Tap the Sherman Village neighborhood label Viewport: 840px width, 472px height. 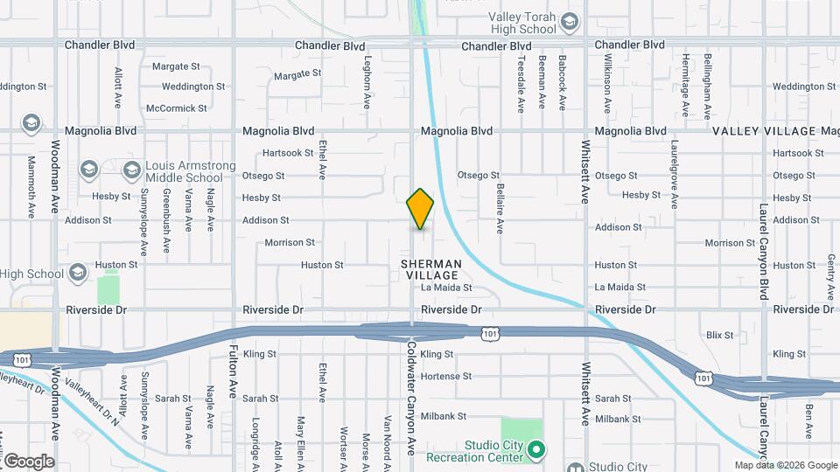tap(430, 269)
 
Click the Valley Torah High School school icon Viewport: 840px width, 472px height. tap(570, 22)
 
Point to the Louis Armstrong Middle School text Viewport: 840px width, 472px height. tap(185, 171)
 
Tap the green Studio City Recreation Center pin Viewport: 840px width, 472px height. tap(539, 451)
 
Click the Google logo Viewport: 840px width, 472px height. tap(28, 462)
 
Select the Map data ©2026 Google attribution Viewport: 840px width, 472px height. tap(786, 465)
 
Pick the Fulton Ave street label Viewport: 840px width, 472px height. tap(234, 367)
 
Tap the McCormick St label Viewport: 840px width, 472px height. tap(177, 108)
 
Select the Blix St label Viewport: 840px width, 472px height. tap(719, 335)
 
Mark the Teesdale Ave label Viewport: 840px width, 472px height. tap(521, 84)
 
